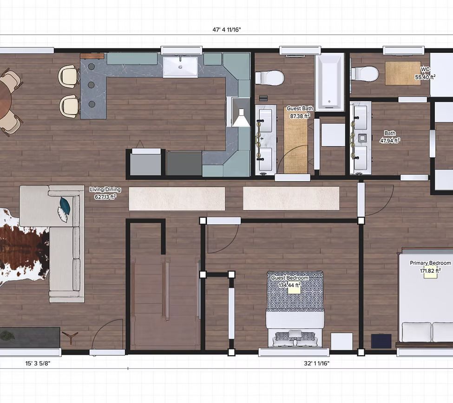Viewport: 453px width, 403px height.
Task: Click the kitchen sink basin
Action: (x=180, y=67)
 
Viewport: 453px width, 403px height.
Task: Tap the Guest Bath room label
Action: (x=300, y=109)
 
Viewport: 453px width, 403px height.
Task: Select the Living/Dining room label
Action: (x=105, y=189)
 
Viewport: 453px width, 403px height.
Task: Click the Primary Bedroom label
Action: (x=430, y=263)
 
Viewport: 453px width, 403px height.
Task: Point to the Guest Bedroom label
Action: (x=289, y=278)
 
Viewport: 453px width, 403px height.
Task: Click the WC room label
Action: (x=425, y=70)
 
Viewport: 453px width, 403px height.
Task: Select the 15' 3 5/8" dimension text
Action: (x=38, y=363)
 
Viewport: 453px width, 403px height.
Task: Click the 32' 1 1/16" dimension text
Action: (x=317, y=363)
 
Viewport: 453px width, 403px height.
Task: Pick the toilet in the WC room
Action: (x=365, y=74)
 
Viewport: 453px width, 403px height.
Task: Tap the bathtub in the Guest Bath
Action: (x=329, y=82)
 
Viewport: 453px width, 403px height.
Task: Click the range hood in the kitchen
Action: (x=241, y=112)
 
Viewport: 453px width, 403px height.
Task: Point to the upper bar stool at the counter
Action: (x=69, y=76)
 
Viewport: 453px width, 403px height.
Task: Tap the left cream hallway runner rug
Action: (x=177, y=198)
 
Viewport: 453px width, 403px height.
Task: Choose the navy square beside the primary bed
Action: (x=381, y=341)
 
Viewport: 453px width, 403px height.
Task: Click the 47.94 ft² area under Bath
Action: (x=390, y=141)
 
